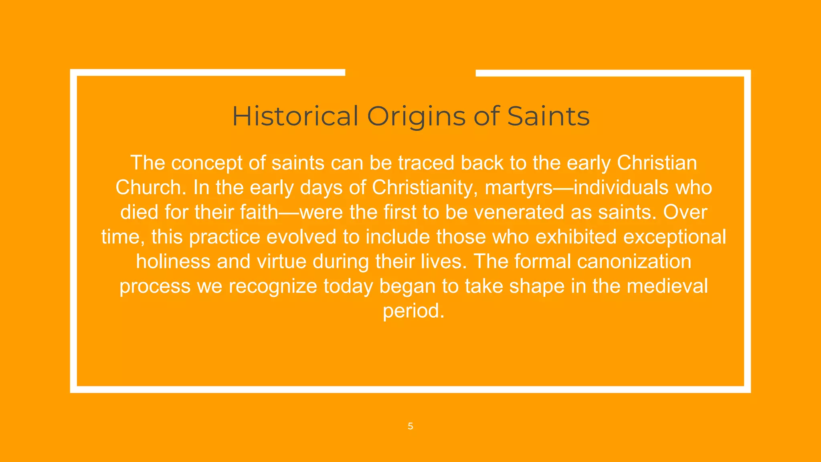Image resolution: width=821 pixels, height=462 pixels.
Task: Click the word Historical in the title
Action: pos(295,116)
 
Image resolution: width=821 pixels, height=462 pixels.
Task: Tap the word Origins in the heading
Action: pos(416,117)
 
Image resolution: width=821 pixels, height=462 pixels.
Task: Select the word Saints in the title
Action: pos(548,116)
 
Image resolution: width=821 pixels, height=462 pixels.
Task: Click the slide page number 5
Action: pos(410,426)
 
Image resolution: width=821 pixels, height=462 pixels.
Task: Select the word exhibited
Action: pos(576,237)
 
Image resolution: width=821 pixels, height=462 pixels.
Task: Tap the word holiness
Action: pos(173,261)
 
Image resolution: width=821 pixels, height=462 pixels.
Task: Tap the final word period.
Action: pos(413,311)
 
